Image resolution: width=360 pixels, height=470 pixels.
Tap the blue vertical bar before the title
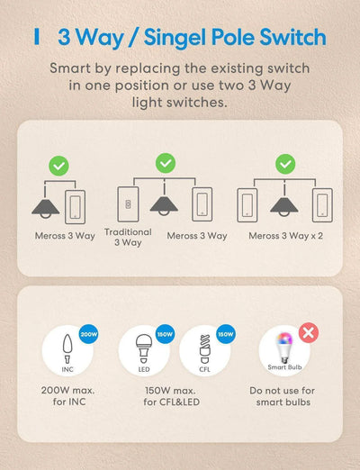(37, 37)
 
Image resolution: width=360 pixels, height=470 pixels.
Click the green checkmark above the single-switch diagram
(58, 166)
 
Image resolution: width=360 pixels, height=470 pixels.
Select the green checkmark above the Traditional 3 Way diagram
(165, 162)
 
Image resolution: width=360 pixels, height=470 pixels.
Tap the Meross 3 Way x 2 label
(285, 236)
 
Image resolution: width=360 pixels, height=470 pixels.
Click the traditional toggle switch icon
(125, 203)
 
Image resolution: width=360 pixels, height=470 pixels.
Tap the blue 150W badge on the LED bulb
(166, 334)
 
